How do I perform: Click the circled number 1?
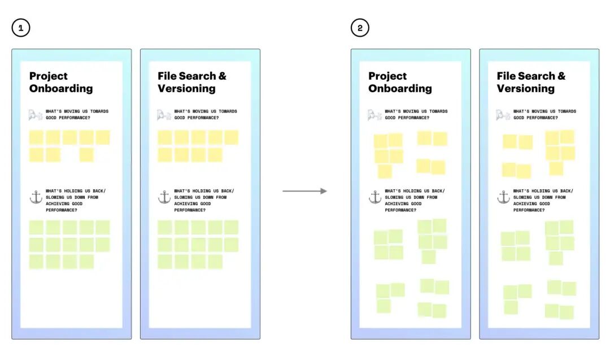pos(20,28)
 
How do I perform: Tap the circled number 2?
pos(360,28)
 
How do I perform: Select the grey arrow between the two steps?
pos(304,191)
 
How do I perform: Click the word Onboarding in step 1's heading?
pos(61,89)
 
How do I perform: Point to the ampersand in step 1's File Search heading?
pos(223,76)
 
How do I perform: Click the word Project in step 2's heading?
pos(387,76)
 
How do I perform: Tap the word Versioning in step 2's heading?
pos(526,89)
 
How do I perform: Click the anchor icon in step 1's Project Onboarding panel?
pos(36,197)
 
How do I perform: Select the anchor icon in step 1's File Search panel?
pos(164,197)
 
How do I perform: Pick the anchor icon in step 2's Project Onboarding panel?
pos(375,197)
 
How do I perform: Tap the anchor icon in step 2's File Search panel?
pos(503,197)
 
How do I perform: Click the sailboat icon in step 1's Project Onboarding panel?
pos(36,115)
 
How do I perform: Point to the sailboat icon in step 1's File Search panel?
pos(164,115)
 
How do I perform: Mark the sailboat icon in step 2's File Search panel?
pos(503,115)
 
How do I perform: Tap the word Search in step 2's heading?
pos(535,76)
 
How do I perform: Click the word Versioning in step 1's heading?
pos(186,89)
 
